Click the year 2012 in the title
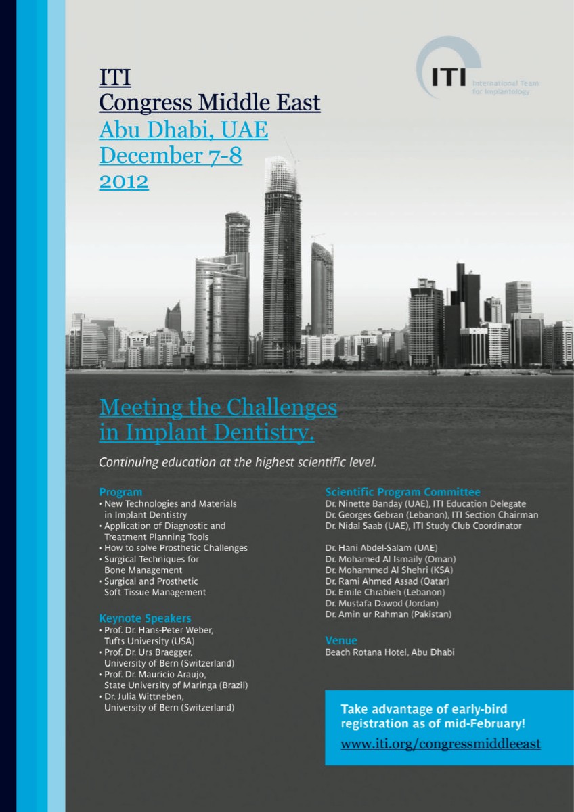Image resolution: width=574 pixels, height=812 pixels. point(124,181)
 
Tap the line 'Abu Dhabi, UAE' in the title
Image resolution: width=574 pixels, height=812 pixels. point(183,129)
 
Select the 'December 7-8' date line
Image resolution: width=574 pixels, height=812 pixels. point(171,156)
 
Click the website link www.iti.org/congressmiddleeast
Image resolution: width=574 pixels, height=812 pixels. point(440,744)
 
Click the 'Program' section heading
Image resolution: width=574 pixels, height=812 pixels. point(120,492)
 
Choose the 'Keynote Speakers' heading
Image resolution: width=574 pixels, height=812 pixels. point(145,618)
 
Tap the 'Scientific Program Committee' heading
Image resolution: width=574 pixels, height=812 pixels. point(403,492)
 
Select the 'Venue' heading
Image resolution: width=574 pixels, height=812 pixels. point(341,640)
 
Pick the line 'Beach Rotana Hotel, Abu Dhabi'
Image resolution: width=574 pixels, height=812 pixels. point(390,652)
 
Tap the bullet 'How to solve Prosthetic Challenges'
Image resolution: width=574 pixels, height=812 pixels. point(175,548)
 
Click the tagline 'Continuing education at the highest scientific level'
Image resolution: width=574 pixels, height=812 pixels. point(237,464)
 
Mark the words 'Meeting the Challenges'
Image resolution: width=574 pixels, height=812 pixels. point(217,408)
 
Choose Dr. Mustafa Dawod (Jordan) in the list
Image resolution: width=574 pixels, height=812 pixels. point(382,603)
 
